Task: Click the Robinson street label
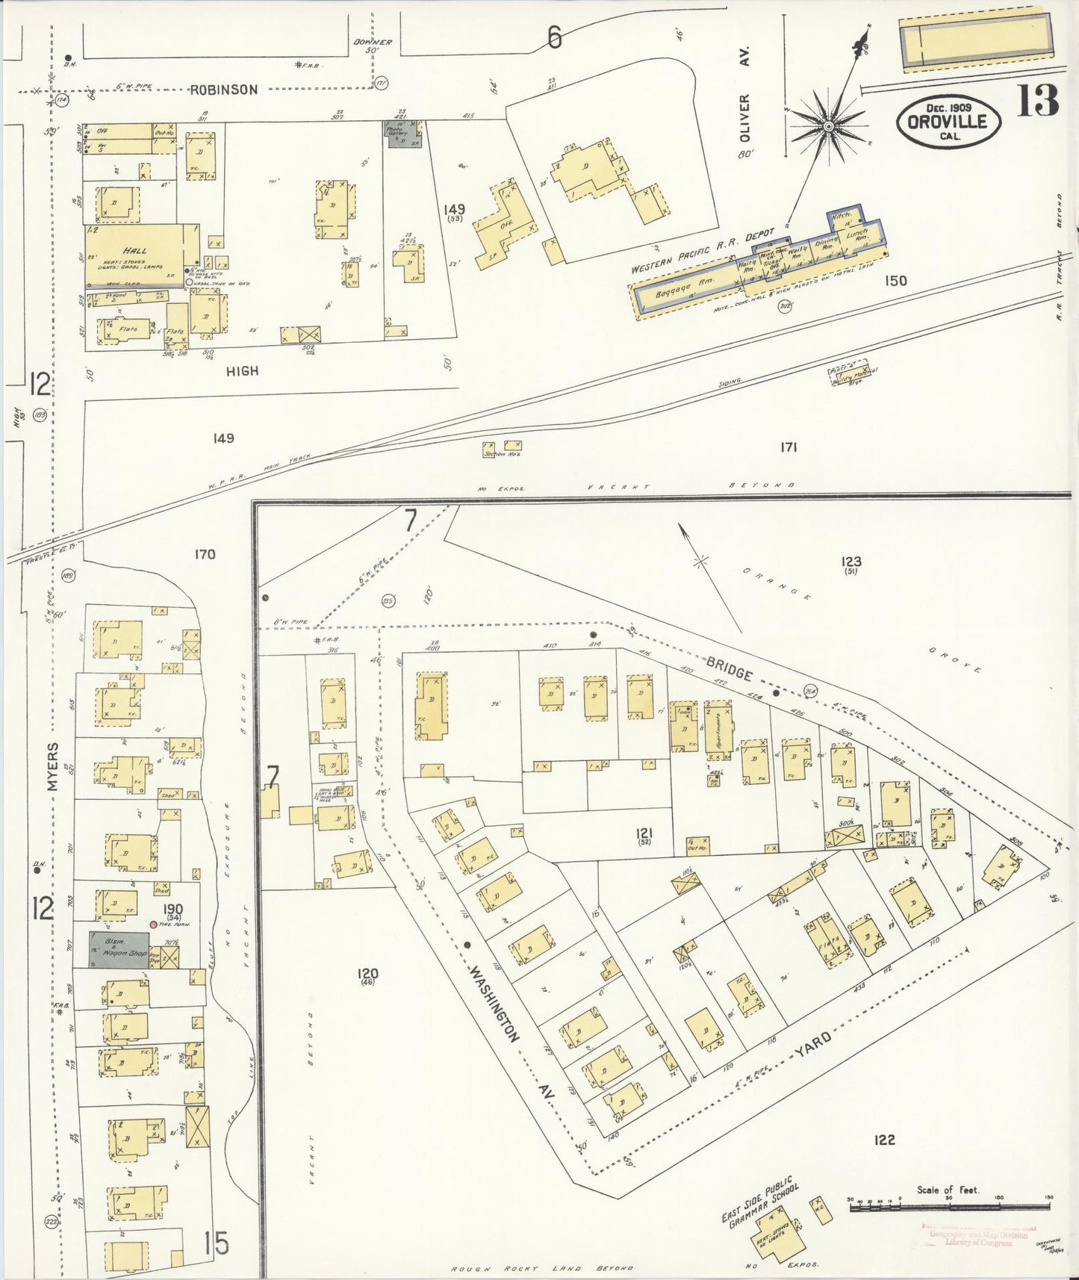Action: click(223, 90)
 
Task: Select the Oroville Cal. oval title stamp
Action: click(948, 122)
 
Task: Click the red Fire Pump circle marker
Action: click(153, 924)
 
